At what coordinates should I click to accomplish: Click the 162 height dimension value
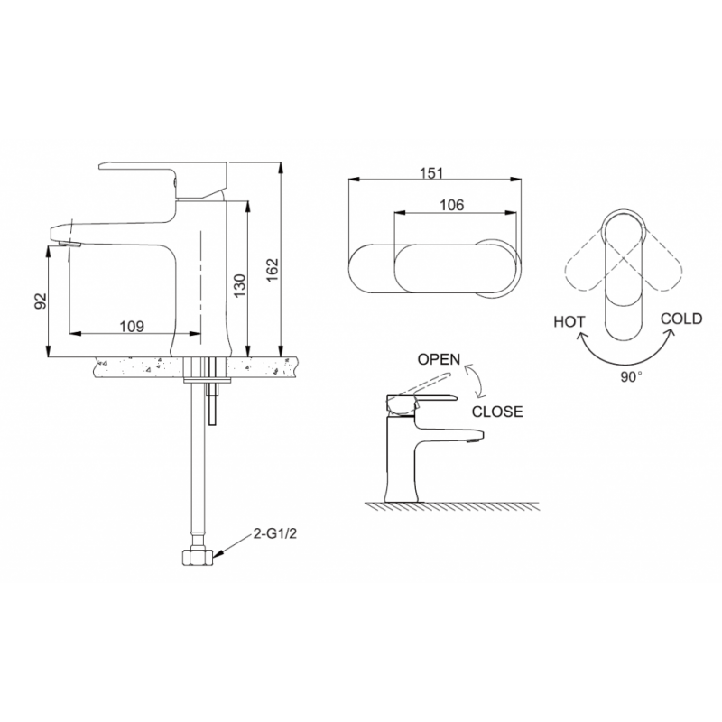273,270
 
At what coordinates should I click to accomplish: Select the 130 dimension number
240,285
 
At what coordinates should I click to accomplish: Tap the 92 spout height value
41,301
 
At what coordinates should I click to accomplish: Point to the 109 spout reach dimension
132,327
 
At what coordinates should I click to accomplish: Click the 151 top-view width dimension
432,173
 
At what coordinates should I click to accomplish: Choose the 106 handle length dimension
452,205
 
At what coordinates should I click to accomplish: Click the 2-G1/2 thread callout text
275,533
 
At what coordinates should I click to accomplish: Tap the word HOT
569,321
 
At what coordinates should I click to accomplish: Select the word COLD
681,319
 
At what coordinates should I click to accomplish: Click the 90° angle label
631,376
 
